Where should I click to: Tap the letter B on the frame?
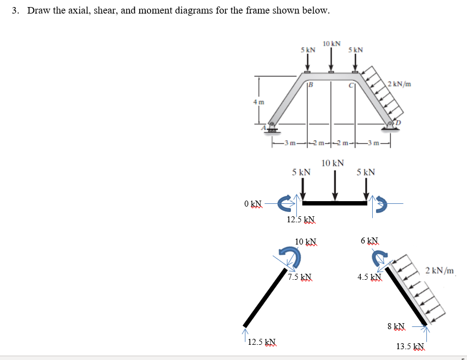[311, 84]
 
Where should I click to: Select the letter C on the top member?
[351, 85]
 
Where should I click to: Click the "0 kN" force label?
[253, 204]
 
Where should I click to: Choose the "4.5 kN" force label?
[369, 277]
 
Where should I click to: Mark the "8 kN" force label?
[396, 326]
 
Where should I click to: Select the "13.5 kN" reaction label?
[411, 346]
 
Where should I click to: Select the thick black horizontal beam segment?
[334, 203]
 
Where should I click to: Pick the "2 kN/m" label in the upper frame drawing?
[400, 84]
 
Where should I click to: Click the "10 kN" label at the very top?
[332, 43]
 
